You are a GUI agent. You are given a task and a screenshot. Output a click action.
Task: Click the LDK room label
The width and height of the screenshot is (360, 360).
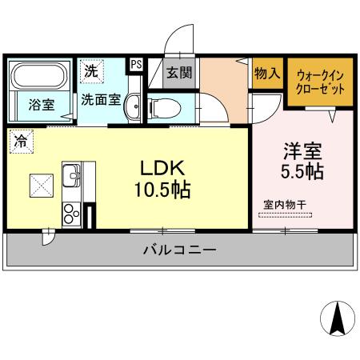(163, 169)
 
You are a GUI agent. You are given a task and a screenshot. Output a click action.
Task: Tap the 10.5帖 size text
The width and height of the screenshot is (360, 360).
(163, 191)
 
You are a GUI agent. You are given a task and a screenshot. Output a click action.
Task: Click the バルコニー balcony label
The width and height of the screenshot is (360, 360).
(179, 250)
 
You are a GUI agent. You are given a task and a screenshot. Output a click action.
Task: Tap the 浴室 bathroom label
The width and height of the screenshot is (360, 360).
(40, 104)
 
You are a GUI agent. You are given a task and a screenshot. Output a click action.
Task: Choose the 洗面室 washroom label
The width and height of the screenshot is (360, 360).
(101, 102)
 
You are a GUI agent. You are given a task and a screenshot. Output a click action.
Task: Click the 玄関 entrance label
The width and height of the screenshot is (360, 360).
(178, 72)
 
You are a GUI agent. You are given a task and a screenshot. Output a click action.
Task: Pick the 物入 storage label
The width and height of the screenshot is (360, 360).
(266, 74)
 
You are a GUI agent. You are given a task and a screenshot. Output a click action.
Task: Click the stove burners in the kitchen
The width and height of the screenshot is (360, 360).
(70, 213)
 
